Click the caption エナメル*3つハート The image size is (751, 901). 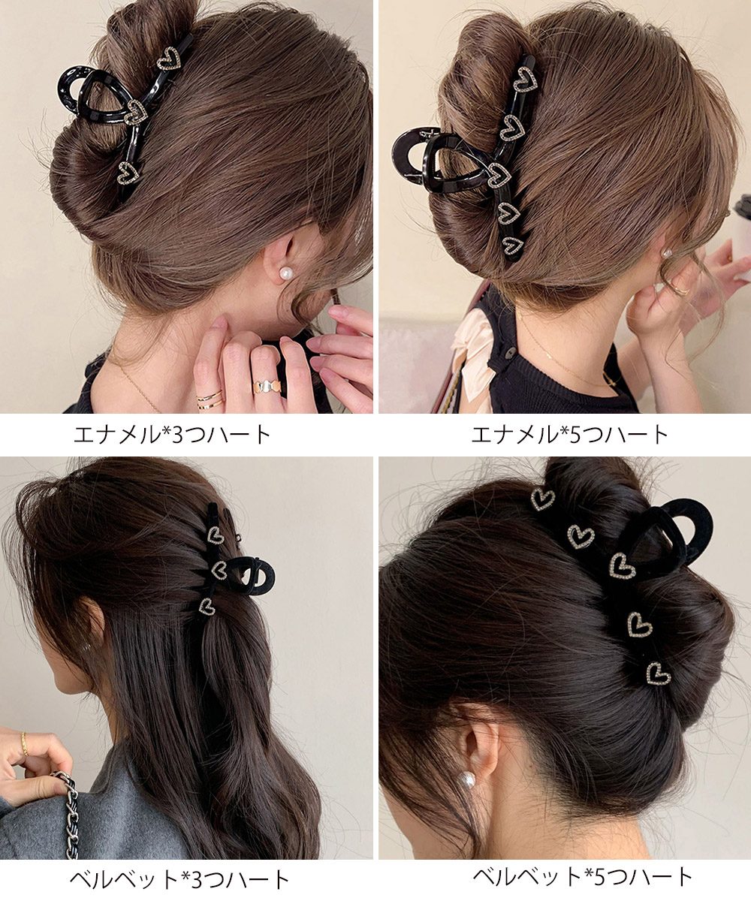tap(172, 435)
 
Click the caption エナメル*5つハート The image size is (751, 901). tap(570, 435)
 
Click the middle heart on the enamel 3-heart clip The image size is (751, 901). tap(137, 111)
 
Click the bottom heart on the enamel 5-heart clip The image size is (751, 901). tap(512, 244)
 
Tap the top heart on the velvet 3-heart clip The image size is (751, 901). tap(216, 535)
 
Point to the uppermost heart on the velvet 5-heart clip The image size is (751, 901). tap(542, 500)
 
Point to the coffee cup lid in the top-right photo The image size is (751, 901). tap(744, 203)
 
